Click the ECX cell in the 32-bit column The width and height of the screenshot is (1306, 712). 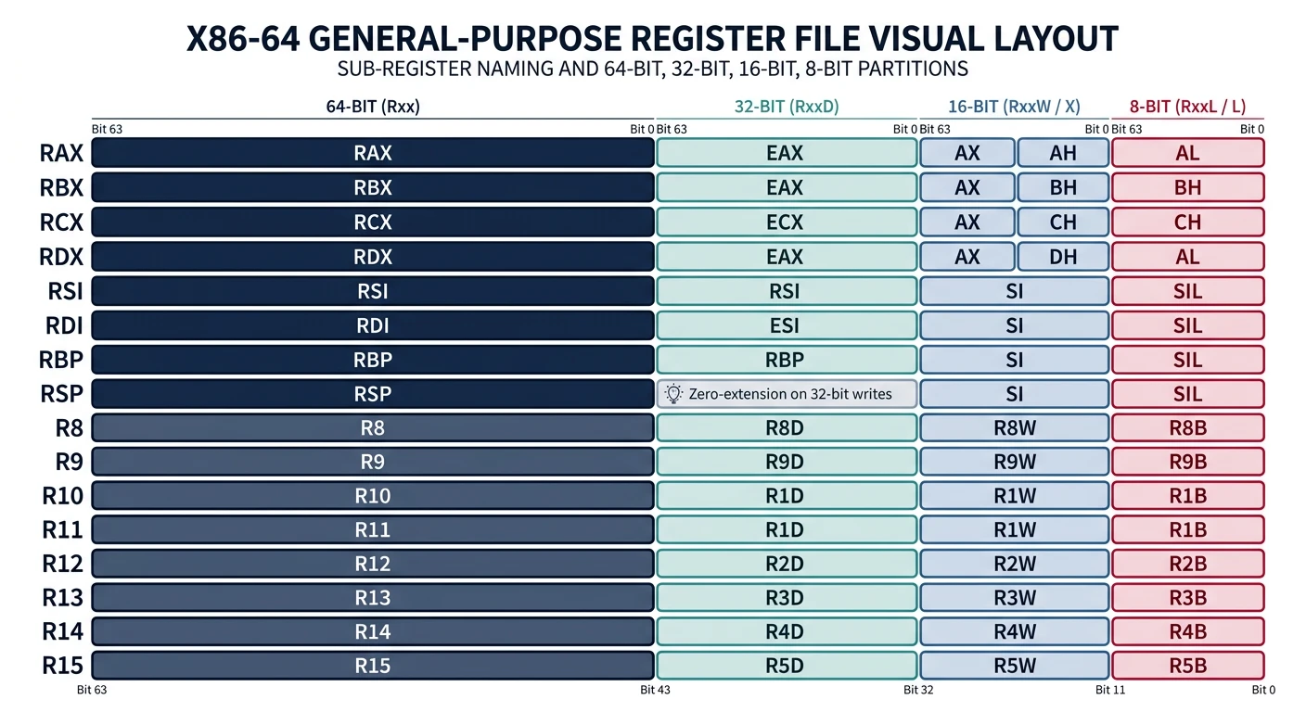pos(785,222)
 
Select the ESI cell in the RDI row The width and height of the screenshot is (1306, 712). pos(785,325)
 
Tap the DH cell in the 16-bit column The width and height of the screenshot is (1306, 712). pos(1063,257)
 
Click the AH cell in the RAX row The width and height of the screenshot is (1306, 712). pos(1063,154)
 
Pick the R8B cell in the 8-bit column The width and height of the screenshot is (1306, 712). pos(1187,428)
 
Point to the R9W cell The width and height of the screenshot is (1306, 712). pos(1014,463)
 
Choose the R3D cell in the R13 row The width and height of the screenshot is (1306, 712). pos(785,598)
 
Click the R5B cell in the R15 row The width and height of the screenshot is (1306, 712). pos(1187,666)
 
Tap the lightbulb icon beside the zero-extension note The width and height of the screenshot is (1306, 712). pos(674,394)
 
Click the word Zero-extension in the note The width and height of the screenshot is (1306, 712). pos(737,394)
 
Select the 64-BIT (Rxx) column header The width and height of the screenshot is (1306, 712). pos(373,107)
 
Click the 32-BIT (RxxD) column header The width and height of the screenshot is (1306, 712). pos(786,107)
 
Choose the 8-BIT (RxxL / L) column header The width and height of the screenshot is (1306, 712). pos(1187,107)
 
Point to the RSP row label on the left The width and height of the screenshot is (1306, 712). pos(61,394)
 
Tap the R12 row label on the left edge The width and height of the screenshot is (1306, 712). pos(62,564)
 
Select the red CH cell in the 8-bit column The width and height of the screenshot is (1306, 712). pos(1187,222)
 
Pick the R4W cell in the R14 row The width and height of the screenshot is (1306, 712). pos(1014,632)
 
